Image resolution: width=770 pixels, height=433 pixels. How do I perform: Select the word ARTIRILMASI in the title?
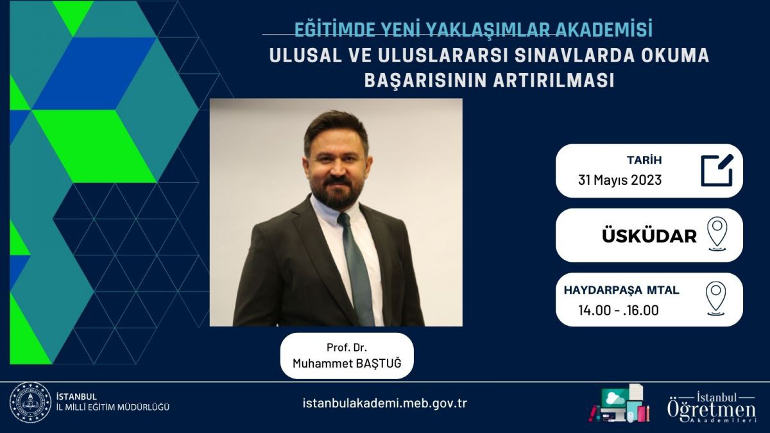553,80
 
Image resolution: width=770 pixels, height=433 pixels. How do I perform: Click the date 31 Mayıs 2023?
620,180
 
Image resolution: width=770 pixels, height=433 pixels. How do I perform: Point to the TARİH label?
644,160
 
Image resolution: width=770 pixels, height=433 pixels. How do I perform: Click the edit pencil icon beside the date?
717,171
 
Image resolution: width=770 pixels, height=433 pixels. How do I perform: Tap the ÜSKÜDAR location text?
649,236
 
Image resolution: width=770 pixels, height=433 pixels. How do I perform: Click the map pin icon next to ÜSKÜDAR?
717,233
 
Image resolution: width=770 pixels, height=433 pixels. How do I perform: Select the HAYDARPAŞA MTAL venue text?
622,290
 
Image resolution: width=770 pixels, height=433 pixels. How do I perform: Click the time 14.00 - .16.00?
619,310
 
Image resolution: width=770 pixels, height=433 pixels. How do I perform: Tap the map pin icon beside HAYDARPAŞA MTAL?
716,298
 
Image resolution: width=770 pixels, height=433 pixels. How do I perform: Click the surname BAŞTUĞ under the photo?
378,363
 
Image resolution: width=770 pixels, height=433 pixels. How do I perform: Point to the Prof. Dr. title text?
346,348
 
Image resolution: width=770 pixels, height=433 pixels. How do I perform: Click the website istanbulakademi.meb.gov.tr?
384,403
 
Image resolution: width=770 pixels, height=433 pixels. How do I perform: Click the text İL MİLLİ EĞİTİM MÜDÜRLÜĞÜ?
113,407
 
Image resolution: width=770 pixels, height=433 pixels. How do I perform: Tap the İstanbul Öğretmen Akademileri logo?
712,408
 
